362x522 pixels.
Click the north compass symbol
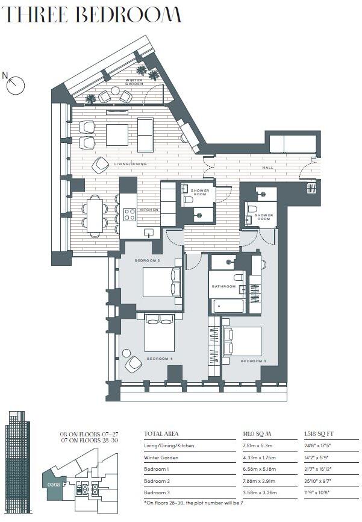[x=14, y=84]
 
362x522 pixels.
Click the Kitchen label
[x=149, y=210]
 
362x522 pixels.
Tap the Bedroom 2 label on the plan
[x=146, y=260]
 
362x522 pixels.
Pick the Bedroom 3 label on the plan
[x=253, y=361]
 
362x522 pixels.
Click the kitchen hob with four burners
[x=130, y=214]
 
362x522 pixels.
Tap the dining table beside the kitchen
[x=95, y=215]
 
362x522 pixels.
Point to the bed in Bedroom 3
[x=242, y=342]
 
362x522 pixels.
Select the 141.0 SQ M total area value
[x=254, y=433]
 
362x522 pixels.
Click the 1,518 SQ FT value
[x=320, y=433]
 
